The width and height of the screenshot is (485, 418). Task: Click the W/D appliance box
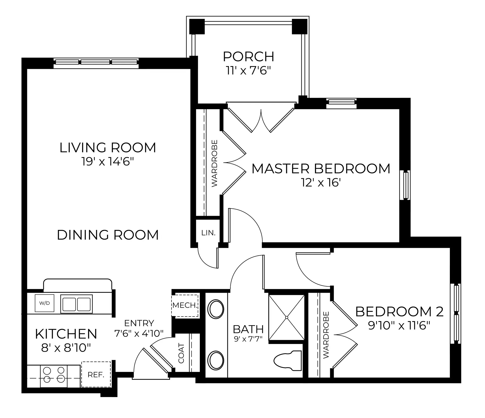[x=44, y=303]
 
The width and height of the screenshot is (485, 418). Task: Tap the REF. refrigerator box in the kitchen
[x=96, y=374]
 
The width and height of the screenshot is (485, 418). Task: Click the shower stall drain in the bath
[x=287, y=317]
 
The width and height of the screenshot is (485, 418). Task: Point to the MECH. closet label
[x=185, y=305]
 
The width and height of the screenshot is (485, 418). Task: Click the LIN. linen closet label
[x=208, y=233]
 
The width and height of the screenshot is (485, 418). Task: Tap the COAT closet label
[x=181, y=353]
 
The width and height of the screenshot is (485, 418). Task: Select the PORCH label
[x=249, y=56]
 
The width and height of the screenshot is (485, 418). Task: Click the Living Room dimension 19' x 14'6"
[x=107, y=161]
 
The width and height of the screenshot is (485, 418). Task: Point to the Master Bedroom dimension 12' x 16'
[x=321, y=183]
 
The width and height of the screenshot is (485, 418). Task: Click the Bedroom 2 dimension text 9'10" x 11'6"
[x=399, y=325]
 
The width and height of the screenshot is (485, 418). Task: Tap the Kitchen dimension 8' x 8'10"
[x=66, y=348]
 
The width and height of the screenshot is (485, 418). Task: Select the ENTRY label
[x=139, y=323]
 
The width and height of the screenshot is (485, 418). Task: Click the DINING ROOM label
[x=108, y=235]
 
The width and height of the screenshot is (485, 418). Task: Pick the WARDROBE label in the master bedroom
[x=214, y=163]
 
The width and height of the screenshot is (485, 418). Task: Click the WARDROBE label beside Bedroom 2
[x=326, y=335]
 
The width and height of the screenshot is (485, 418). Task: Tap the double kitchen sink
[x=77, y=304]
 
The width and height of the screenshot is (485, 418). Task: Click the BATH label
[x=248, y=329]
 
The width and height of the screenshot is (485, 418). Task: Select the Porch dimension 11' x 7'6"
[x=249, y=71]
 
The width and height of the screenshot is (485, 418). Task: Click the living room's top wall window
[x=96, y=63]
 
